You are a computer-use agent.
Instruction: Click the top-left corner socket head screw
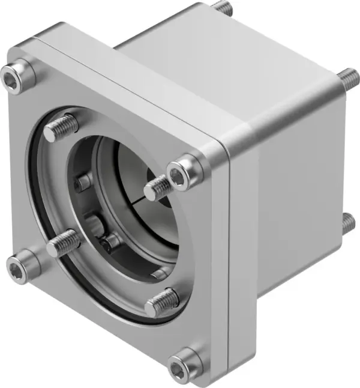(18, 73)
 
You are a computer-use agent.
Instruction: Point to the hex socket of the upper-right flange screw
(179, 174)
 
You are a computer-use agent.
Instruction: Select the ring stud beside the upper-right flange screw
(157, 188)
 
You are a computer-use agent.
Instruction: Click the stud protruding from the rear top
(223, 8)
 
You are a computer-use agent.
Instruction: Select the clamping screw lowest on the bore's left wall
(110, 243)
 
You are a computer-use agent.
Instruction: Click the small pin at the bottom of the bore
(160, 274)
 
